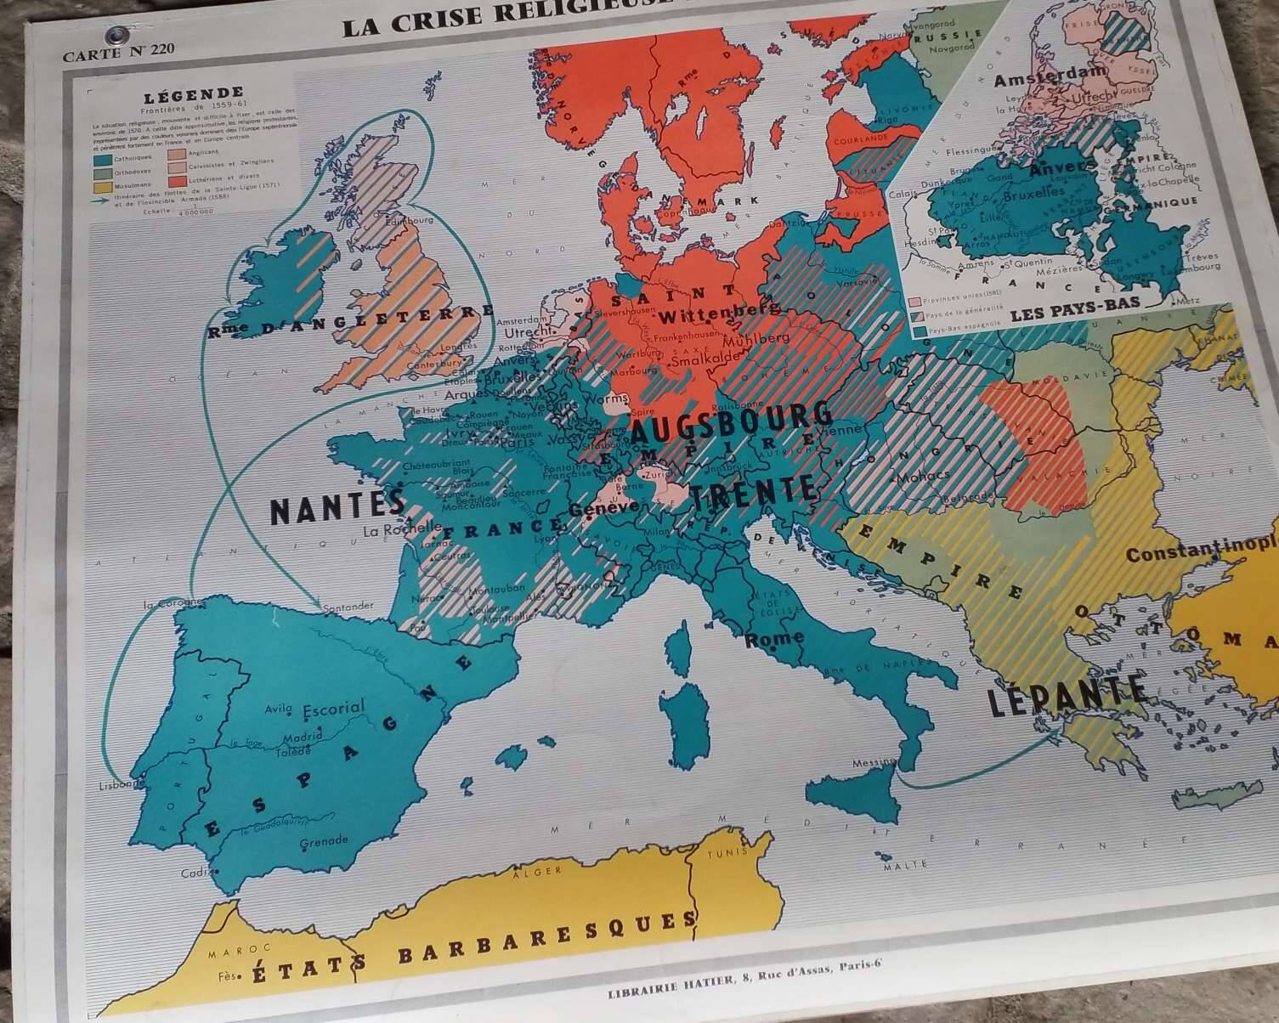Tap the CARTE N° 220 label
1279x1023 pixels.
tap(118, 50)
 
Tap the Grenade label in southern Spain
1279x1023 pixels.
tap(324, 841)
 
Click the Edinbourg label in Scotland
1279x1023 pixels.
tap(410, 220)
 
